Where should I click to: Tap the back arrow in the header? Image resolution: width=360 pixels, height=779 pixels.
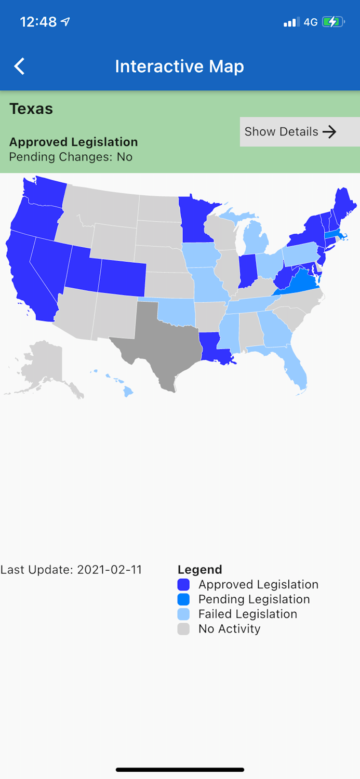tap(19, 66)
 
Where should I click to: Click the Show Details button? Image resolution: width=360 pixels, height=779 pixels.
tap(299, 132)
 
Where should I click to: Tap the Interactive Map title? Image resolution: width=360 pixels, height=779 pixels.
tap(179, 66)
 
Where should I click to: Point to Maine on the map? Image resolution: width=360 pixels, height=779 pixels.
tap(343, 205)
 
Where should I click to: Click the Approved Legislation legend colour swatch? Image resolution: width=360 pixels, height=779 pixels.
tap(183, 585)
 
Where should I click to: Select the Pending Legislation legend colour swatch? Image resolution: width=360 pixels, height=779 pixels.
tap(183, 599)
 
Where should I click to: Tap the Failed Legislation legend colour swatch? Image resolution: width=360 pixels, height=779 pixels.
tap(183, 614)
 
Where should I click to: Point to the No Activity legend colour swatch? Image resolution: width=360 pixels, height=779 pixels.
tap(183, 629)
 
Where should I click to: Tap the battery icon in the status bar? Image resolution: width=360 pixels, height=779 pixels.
tap(332, 22)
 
